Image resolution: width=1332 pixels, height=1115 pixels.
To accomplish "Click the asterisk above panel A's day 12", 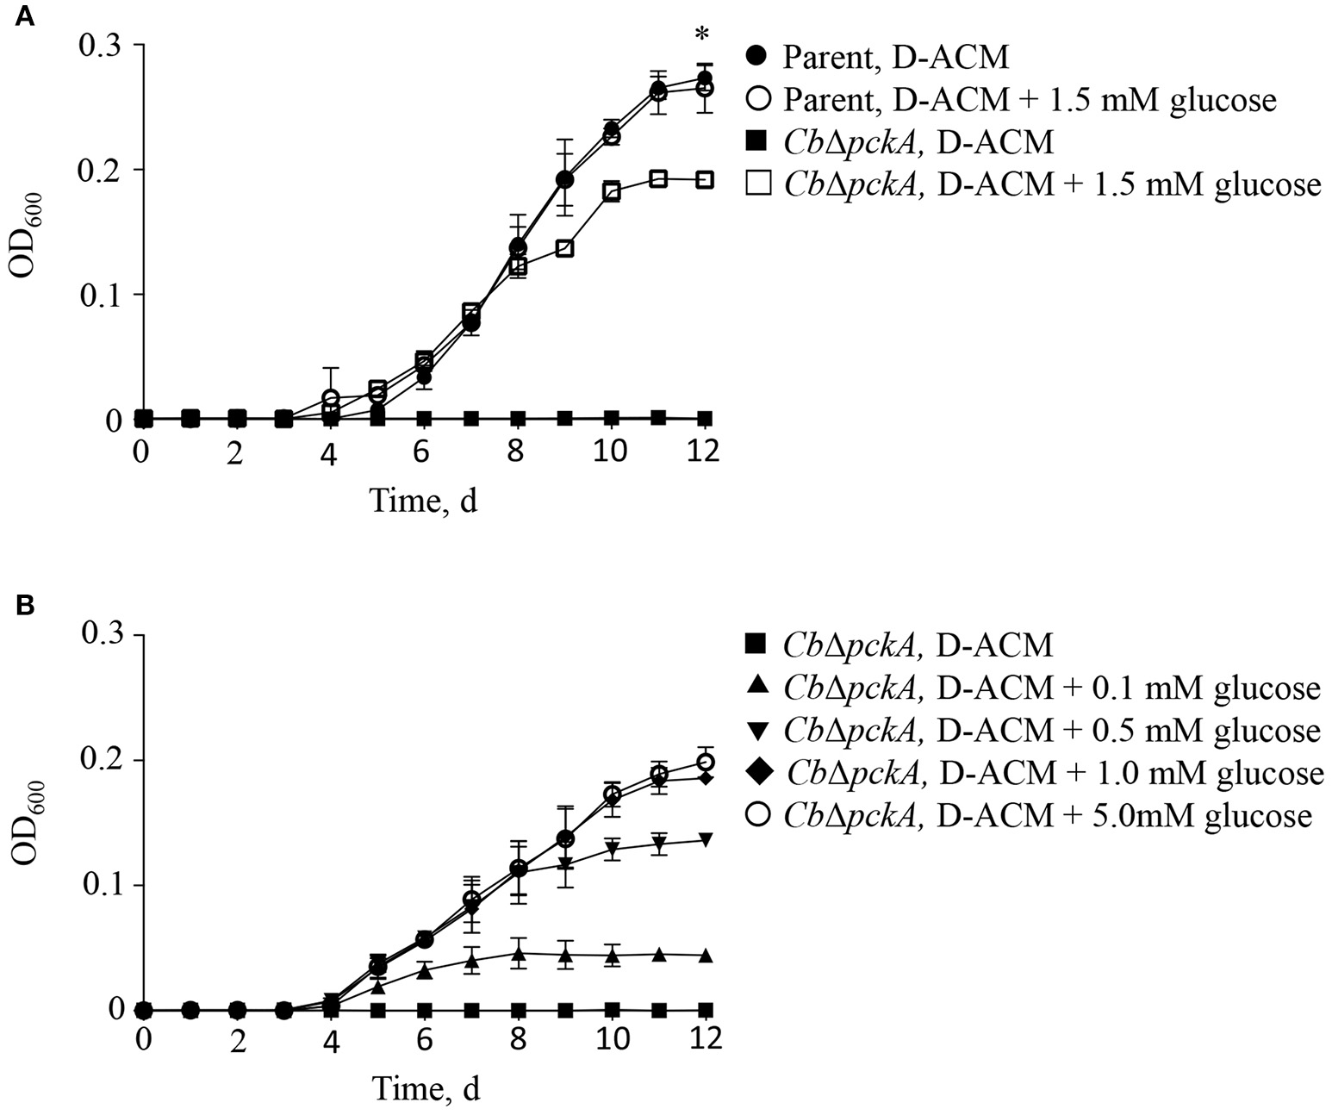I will coord(704,36).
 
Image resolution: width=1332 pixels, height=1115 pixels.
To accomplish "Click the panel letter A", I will coord(25,16).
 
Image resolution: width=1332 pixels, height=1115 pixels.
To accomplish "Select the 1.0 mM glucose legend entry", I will coord(1034,773).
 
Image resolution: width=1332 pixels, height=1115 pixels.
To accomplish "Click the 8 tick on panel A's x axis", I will coord(517,452).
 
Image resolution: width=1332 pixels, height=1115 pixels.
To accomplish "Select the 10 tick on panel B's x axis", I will coord(611,1042).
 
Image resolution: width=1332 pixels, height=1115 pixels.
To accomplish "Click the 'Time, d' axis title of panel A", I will coord(423,500).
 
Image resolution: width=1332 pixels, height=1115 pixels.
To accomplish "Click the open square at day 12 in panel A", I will coord(705,179).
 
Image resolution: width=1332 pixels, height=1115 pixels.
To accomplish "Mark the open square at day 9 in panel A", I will coord(564,248).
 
